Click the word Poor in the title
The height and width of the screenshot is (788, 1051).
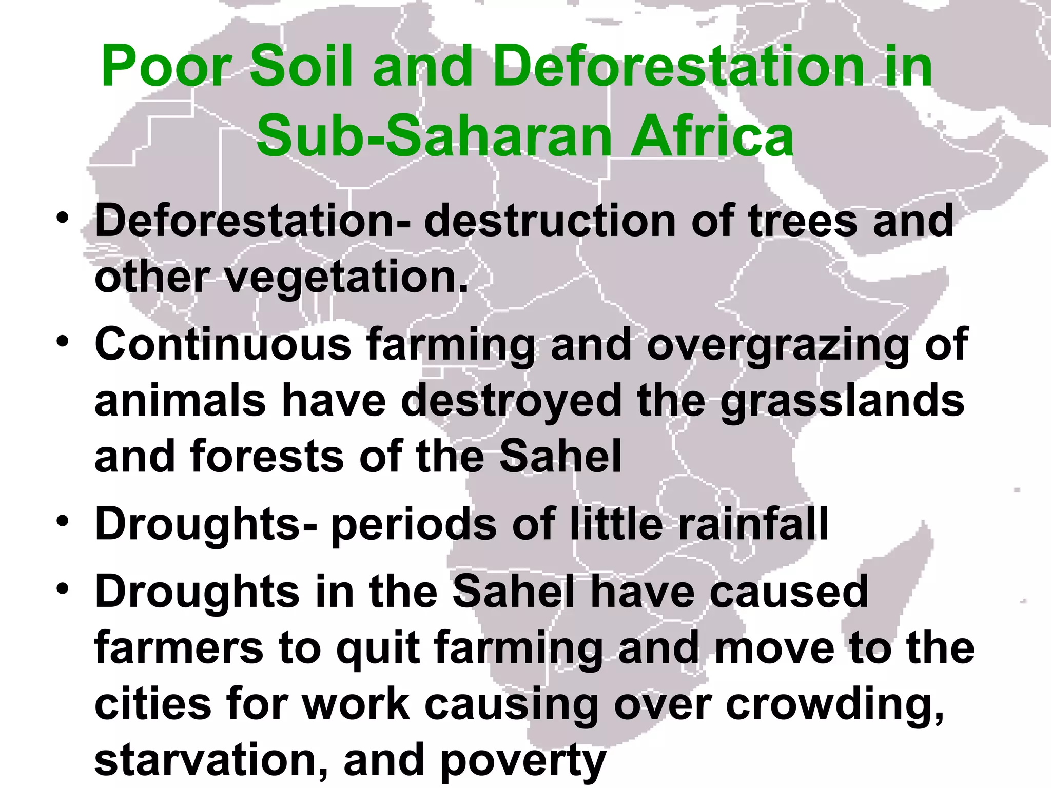tap(166, 67)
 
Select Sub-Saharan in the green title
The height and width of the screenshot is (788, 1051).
tap(434, 136)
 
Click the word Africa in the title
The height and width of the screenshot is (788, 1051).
tap(713, 136)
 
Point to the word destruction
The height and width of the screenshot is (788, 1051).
tap(550, 221)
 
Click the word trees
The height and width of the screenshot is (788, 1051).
tap(803, 221)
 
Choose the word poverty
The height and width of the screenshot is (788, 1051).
tap(523, 761)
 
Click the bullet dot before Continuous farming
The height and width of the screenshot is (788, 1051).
tap(63, 341)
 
